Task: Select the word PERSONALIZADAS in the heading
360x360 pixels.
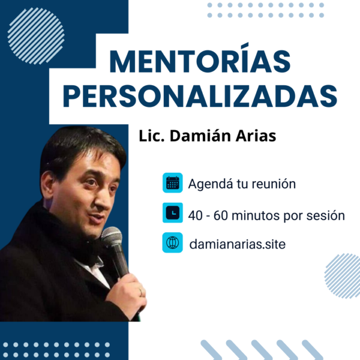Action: [200, 96]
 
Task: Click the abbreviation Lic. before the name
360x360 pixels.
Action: [152, 136]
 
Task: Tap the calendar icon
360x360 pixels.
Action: [173, 183]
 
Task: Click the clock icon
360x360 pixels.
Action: [173, 212]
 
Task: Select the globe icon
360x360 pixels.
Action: [173, 242]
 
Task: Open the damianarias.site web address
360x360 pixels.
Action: [238, 244]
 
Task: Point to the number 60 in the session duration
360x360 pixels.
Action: [221, 215]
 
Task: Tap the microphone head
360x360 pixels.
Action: [112, 237]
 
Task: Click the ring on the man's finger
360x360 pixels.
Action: [140, 292]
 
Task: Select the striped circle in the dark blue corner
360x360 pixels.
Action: [36, 36]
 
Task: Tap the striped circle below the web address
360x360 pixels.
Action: [342, 276]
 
